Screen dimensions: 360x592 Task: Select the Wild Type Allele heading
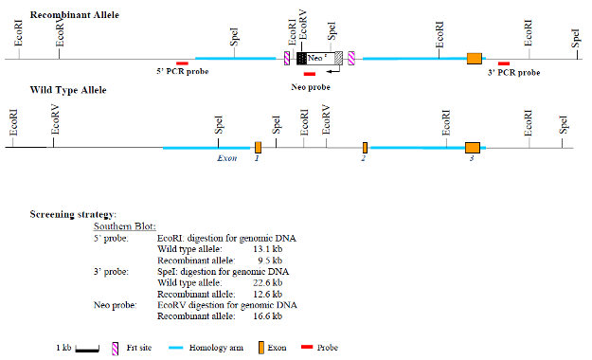[68, 90]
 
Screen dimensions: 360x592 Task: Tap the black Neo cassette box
[301, 59]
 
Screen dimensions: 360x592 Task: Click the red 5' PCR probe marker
[182, 63]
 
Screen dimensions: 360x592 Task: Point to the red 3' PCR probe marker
[503, 63]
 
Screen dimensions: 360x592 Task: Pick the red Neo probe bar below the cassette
[310, 74]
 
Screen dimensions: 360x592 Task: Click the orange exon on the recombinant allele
[475, 59]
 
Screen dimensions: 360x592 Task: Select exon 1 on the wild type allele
[258, 147]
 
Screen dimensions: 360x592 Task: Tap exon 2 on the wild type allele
[365, 147]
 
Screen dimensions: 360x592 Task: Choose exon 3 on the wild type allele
[473, 147]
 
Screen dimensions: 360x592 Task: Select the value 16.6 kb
[273, 315]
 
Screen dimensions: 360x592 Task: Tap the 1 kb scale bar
[87, 349]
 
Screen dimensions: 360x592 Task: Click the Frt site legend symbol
[114, 348]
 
